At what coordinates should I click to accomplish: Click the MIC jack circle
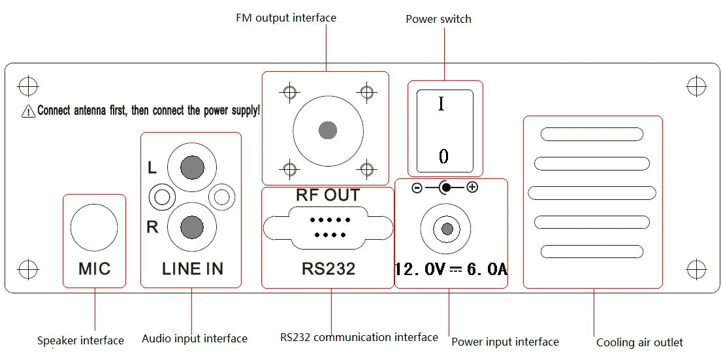pos(94,227)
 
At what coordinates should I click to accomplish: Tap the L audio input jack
pos(191,168)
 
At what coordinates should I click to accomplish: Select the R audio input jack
pos(191,227)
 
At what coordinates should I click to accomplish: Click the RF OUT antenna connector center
pos(328,130)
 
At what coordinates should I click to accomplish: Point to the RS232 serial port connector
pos(328,226)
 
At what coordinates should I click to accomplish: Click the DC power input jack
pos(447,229)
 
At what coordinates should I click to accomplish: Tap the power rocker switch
pos(444,129)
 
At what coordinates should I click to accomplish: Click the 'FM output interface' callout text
pos(286,18)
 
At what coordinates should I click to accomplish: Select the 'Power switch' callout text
pos(438,19)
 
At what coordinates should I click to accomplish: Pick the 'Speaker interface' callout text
pos(80,340)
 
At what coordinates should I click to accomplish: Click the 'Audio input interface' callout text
pos(195,338)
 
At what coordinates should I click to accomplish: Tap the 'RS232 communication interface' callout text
pos(359,337)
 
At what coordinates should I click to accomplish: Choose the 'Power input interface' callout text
pos(505,341)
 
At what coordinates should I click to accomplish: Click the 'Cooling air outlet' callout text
pos(639,342)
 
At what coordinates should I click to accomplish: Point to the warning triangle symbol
pos(29,112)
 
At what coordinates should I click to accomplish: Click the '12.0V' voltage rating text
pos(421,269)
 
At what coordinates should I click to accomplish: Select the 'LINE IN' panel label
pos(193,269)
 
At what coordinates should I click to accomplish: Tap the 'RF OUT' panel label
pos(328,195)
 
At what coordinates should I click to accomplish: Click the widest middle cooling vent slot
pos(592,193)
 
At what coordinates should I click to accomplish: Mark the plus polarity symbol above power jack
pos(472,188)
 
